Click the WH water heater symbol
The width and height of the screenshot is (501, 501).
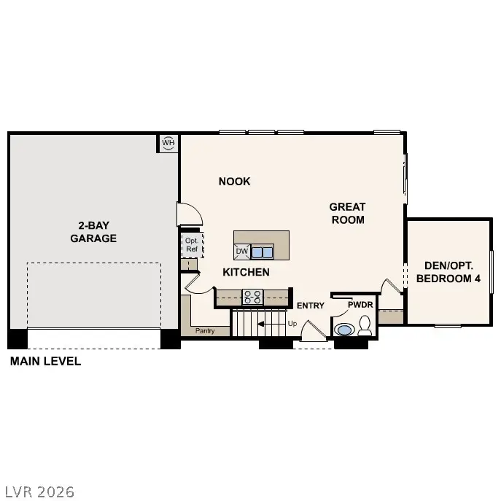point(168,143)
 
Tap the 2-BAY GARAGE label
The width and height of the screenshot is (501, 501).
point(93,232)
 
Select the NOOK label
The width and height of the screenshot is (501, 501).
point(234,182)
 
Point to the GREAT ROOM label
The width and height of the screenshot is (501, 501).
point(347,213)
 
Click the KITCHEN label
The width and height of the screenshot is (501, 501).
point(246,272)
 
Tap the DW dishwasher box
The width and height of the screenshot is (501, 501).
point(242,252)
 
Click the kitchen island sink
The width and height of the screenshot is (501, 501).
point(263,252)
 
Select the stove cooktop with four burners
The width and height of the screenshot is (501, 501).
point(252,296)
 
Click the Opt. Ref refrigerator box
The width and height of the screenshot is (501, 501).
point(192,245)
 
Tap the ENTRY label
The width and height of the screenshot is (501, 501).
point(310,306)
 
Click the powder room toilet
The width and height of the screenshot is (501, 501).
point(365,327)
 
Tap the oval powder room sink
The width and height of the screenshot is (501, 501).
point(343,330)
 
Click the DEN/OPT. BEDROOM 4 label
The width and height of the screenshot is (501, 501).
point(448,272)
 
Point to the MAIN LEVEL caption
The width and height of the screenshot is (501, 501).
point(45,361)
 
